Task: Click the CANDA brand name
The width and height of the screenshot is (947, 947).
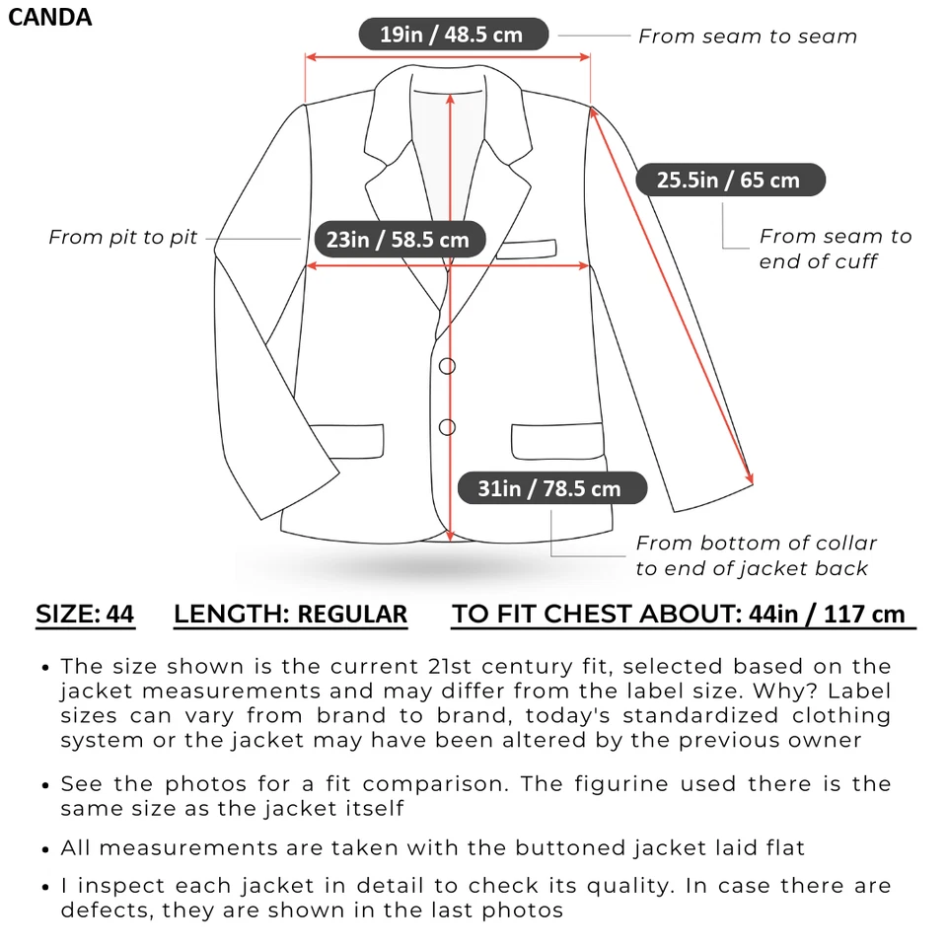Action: point(50,17)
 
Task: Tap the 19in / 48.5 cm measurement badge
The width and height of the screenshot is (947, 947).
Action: point(451,35)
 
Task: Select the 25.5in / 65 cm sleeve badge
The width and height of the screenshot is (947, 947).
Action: point(728,180)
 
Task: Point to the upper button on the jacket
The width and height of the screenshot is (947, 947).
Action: point(447,366)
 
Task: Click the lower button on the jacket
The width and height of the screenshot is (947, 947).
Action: point(447,427)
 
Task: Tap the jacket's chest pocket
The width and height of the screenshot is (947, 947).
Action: point(526,249)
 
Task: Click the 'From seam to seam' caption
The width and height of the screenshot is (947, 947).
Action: point(747,36)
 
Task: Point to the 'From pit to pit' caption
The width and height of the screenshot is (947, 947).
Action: point(122,237)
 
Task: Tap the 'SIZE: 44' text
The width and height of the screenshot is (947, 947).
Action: point(85,615)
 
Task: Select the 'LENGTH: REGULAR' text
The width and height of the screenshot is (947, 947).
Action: point(290,615)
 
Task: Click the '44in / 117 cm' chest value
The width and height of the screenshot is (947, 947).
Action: point(827,615)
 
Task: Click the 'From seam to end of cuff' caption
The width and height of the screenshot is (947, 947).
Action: point(835,249)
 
